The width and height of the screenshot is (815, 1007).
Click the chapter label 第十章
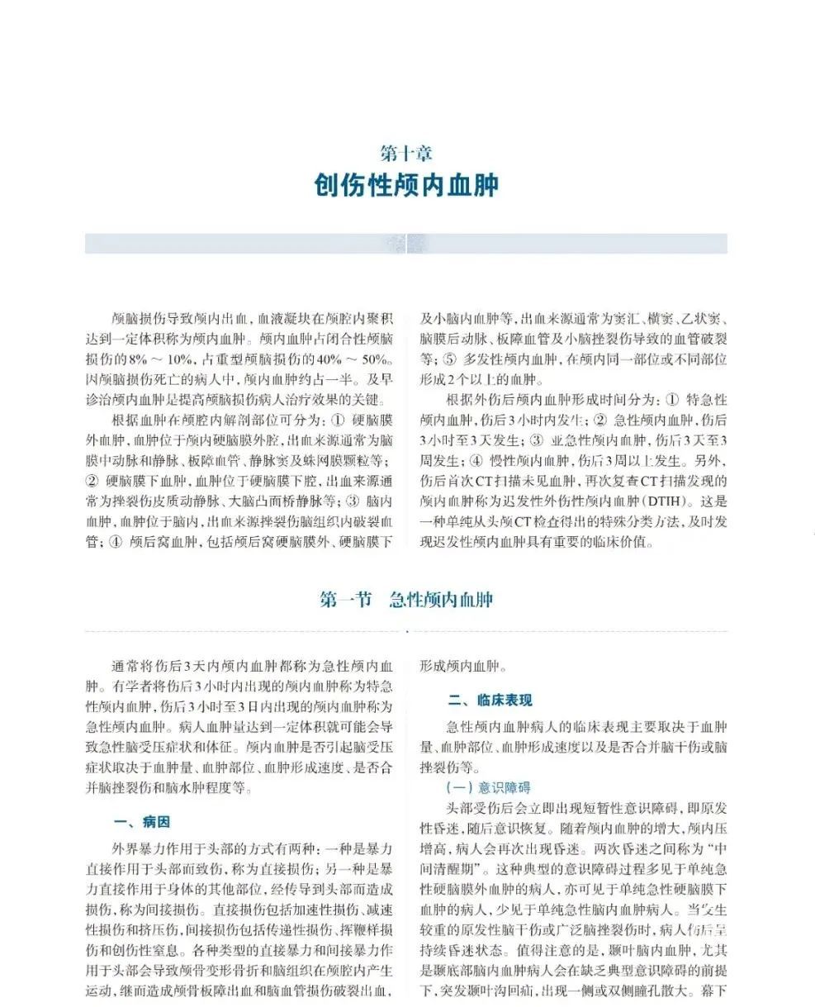406,153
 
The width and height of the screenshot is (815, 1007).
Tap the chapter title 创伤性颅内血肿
406,185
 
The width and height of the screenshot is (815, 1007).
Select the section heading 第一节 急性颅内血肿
406,600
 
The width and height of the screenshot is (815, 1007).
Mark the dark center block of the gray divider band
406,244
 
